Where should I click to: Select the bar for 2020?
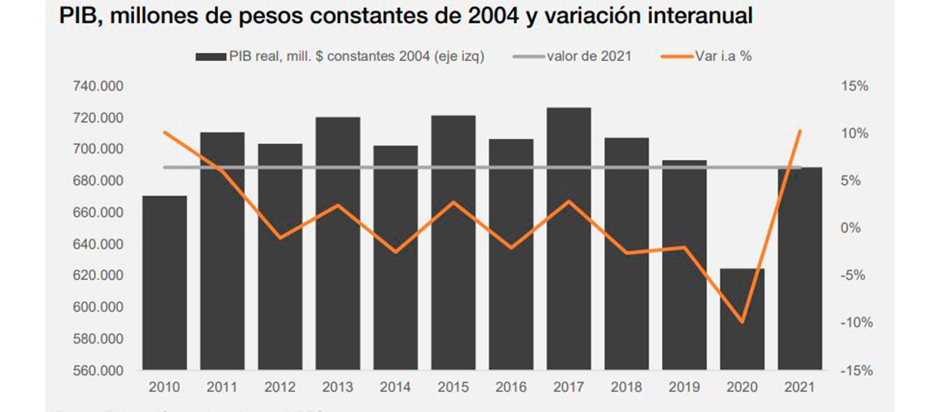click(742, 319)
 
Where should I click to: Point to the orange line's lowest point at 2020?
click(742, 322)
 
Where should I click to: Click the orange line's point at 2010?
click(164, 132)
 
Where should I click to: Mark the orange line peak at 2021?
click(799, 131)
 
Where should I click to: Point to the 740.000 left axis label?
click(98, 86)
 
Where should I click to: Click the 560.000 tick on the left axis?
click(98, 371)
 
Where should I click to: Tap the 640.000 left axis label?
click(98, 244)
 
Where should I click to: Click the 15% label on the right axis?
click(854, 86)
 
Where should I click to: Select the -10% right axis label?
click(856, 323)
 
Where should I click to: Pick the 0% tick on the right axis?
click(850, 228)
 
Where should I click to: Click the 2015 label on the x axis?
click(453, 387)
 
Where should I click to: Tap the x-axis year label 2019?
click(684, 387)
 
